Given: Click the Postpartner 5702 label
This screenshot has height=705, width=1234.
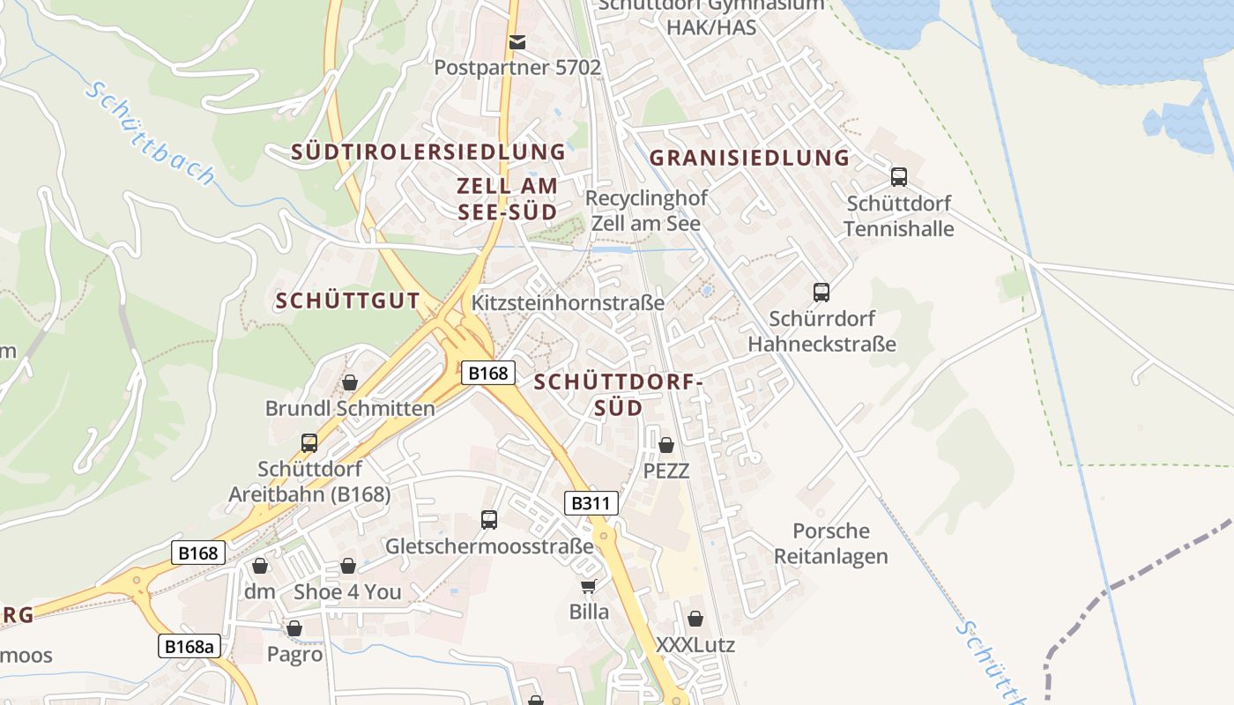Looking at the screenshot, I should (x=517, y=67).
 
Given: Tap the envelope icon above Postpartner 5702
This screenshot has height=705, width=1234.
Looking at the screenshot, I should (x=517, y=41).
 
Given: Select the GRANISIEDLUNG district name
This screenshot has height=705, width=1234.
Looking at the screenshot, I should (x=749, y=158).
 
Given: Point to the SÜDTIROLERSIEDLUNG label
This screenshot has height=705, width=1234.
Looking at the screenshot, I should (x=428, y=152).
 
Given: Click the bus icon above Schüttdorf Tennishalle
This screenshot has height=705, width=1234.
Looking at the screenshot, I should (x=899, y=176).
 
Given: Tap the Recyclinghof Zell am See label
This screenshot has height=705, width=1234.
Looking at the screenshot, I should (x=646, y=211).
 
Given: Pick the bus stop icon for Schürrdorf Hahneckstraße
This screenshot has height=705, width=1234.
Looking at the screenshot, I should (x=821, y=292).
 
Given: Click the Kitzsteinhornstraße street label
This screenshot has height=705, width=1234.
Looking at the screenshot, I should (x=569, y=302).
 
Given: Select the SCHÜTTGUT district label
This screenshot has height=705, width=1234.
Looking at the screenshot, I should (x=347, y=301).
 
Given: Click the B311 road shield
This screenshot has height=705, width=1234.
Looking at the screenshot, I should (x=591, y=503).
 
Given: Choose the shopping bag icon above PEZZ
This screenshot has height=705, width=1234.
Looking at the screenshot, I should (x=666, y=445).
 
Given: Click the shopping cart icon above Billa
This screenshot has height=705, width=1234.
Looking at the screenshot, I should (x=588, y=586).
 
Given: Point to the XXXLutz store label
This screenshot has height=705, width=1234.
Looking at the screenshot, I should (x=695, y=644).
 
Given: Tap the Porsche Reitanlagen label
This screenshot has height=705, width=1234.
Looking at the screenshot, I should (x=831, y=544).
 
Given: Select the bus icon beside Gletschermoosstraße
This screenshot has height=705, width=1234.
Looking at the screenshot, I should (x=489, y=520).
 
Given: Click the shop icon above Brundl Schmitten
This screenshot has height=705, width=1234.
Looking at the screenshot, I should (x=350, y=382).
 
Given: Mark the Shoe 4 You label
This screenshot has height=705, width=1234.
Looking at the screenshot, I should (x=347, y=591).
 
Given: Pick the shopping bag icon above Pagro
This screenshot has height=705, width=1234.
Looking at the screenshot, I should (x=294, y=628).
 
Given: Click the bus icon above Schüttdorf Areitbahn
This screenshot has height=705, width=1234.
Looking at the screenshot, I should (x=309, y=442).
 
